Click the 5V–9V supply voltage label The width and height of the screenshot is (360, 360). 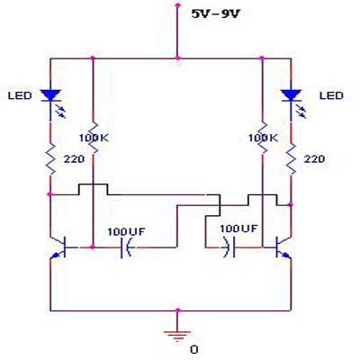tap(216, 13)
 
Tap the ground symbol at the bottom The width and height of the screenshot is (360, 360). tap(177, 336)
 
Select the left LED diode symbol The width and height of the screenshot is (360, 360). tap(51, 102)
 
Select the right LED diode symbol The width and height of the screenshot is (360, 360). tap(292, 102)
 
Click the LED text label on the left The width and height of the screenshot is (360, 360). tap(20, 96)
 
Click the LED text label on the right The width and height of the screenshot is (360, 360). tap(331, 96)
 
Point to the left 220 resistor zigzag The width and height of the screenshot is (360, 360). tap(50, 158)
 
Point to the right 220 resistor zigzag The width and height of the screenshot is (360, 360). tap(291, 158)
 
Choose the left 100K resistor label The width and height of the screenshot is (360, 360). tap(94, 138)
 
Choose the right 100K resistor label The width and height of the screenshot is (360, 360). tap(263, 138)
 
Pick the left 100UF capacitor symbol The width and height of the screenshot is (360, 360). tap(126, 247)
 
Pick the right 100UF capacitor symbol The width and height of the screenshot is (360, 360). tap(229, 247)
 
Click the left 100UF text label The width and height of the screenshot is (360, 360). tap(126, 232)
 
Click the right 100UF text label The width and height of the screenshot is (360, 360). tap(238, 229)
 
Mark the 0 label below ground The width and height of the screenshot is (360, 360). tap(194, 350)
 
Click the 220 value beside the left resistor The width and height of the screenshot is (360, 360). tap(74, 159)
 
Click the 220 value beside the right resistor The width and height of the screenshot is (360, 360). tap(314, 159)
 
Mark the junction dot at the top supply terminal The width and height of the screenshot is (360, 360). tap(177, 4)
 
